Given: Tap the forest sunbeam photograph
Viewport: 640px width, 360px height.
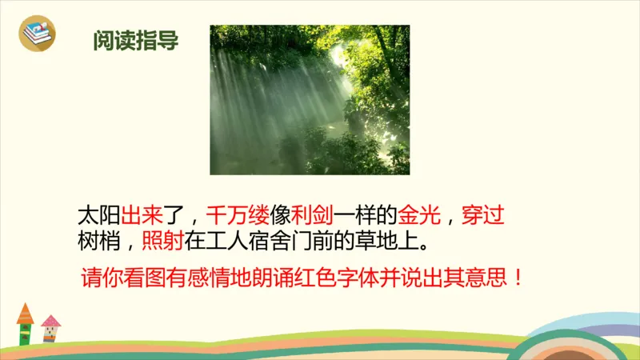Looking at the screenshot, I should pyautogui.click(x=310, y=99).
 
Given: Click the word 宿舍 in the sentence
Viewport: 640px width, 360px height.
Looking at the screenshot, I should pyautogui.click(x=272, y=240).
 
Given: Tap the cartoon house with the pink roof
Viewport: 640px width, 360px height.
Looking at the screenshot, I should pyautogui.click(x=50, y=329).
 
